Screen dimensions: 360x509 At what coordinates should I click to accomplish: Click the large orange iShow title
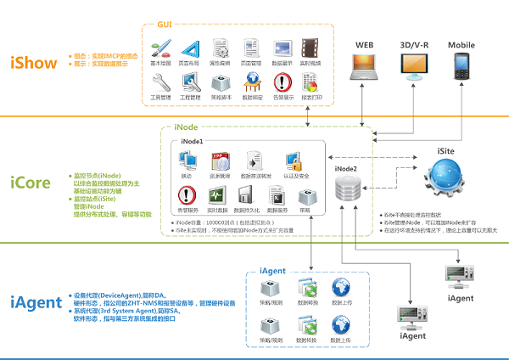pyautogui.click(x=34, y=63)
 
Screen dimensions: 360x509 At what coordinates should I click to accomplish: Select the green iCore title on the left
pyautogui.click(x=33, y=183)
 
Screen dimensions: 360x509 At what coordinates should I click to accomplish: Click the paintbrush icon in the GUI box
pyautogui.click(x=159, y=48)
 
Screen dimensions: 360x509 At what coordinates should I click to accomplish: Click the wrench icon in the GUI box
pyautogui.click(x=159, y=82)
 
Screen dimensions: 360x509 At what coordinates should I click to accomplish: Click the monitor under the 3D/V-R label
pyautogui.click(x=415, y=65)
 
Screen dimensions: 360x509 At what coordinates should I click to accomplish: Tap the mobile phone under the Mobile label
pyautogui.click(x=461, y=67)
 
